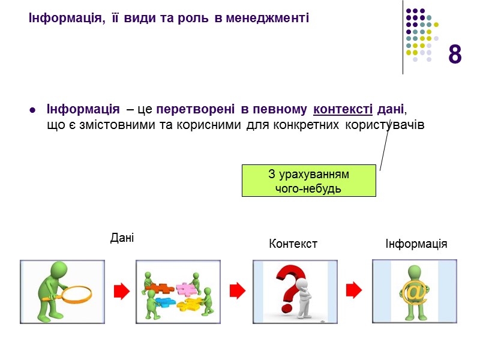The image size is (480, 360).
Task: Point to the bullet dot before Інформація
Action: point(32,111)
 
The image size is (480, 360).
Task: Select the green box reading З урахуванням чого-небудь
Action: point(308,181)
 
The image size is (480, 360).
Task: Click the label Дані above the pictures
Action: point(122,238)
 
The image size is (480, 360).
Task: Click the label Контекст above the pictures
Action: point(293,244)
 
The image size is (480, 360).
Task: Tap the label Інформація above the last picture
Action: point(416,244)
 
